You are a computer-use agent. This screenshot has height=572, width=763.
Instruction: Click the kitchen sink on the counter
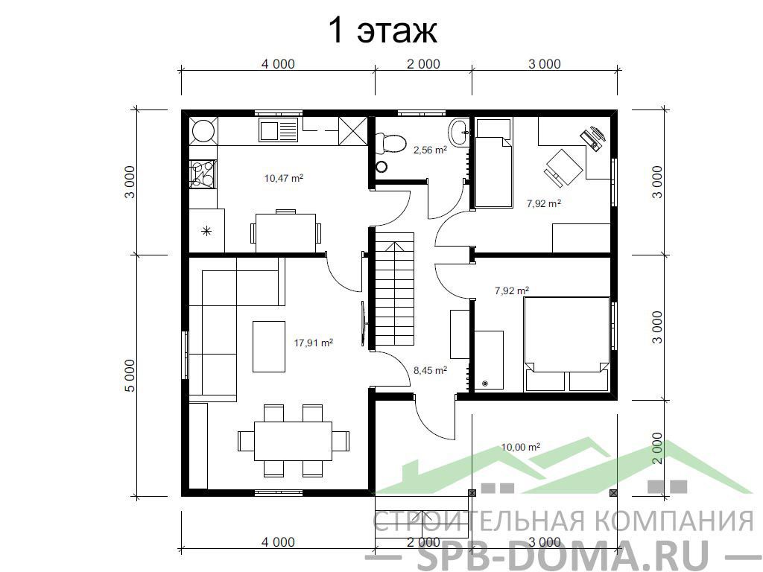click(x=278, y=130)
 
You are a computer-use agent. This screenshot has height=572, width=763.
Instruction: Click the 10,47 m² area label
click(x=284, y=178)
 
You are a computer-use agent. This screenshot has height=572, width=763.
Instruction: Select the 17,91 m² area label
click(x=314, y=343)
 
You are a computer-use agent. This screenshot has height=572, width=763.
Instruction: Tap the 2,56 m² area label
click(x=430, y=150)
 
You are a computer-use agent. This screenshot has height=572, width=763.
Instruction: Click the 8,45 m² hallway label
click(x=430, y=370)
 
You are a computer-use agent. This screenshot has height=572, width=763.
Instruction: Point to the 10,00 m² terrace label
click(x=521, y=447)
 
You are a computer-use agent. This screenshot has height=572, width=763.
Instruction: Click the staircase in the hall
click(x=394, y=289)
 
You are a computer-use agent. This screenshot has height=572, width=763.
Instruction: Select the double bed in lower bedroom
click(x=566, y=344)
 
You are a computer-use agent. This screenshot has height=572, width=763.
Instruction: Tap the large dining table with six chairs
click(x=294, y=441)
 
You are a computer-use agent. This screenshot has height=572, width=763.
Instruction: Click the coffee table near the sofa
click(x=268, y=346)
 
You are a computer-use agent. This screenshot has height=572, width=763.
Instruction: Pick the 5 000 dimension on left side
click(x=131, y=375)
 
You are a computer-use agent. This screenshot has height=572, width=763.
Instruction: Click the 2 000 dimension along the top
click(x=423, y=64)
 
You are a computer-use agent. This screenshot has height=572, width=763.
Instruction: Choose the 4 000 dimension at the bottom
click(x=278, y=542)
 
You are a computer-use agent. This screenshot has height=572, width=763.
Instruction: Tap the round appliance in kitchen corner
click(x=203, y=130)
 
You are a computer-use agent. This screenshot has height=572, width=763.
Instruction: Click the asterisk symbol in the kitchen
click(x=207, y=231)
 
